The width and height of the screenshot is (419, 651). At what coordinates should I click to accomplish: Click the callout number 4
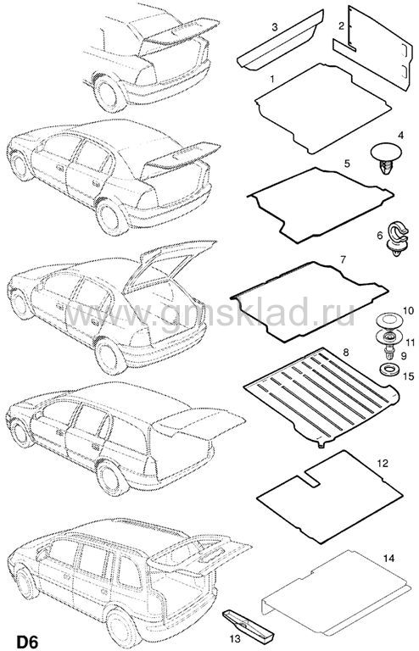click(x=400, y=136)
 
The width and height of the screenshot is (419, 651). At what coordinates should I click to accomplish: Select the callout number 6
click(x=379, y=236)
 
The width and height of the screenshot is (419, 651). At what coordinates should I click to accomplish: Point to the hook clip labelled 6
click(x=397, y=238)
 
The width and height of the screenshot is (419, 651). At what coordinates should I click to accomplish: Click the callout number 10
click(x=408, y=310)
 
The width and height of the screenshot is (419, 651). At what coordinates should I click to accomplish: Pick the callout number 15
click(x=409, y=376)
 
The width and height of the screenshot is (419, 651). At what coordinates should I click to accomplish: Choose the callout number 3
click(x=275, y=27)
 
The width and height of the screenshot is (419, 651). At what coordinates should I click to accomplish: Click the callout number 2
click(x=341, y=26)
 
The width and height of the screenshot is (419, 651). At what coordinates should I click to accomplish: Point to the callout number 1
click(x=272, y=79)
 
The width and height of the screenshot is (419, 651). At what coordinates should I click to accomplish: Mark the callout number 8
click(x=346, y=353)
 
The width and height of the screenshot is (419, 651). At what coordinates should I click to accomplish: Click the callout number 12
click(x=382, y=463)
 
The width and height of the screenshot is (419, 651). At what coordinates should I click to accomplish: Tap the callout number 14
click(x=388, y=559)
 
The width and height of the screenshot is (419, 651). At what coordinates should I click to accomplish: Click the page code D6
click(x=27, y=642)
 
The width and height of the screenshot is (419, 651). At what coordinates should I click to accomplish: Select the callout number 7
click(x=343, y=260)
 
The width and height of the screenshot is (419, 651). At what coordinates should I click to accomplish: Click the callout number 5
click(x=347, y=163)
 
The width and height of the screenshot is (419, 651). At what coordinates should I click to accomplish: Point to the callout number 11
click(x=411, y=342)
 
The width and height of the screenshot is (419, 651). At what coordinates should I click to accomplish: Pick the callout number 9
click(x=403, y=356)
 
